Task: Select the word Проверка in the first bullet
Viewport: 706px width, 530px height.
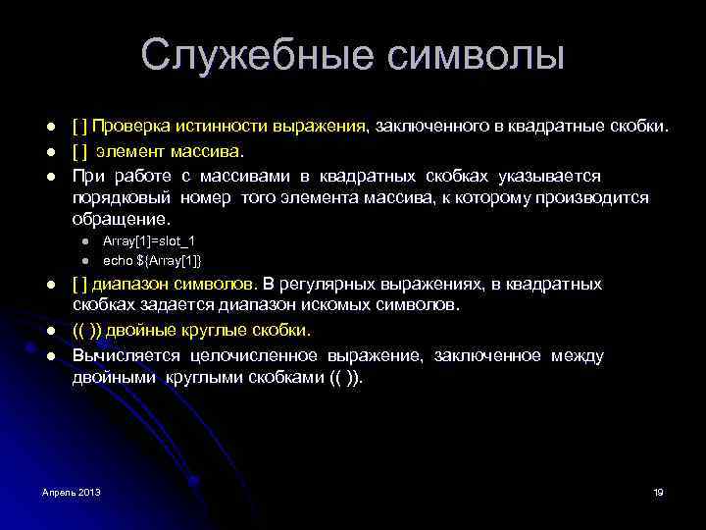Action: coord(132,127)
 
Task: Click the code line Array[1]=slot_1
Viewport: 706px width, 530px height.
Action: coord(142,241)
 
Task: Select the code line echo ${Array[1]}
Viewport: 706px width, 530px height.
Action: coord(152,260)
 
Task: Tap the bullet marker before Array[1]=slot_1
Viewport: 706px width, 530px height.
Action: coord(85,241)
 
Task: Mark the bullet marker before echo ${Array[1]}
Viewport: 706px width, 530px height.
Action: coord(85,260)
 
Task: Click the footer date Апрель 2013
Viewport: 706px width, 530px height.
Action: coord(71,491)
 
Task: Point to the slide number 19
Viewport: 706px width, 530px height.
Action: coord(658,491)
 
